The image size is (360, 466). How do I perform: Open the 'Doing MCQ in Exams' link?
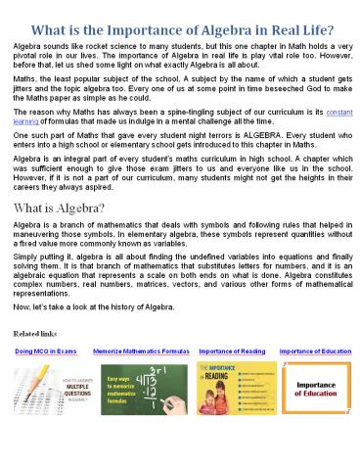46,349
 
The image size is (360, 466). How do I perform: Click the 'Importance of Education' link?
314,349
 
